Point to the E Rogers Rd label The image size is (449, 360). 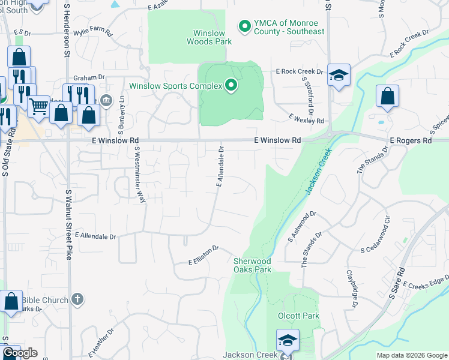click(x=411, y=140)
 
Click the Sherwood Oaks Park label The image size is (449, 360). click(x=252, y=265)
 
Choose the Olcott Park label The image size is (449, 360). click(x=298, y=316)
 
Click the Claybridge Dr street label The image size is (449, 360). click(x=352, y=288)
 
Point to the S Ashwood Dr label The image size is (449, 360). click(x=301, y=226)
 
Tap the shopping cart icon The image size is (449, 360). click(x=38, y=106)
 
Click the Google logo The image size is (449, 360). click(x=20, y=353)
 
